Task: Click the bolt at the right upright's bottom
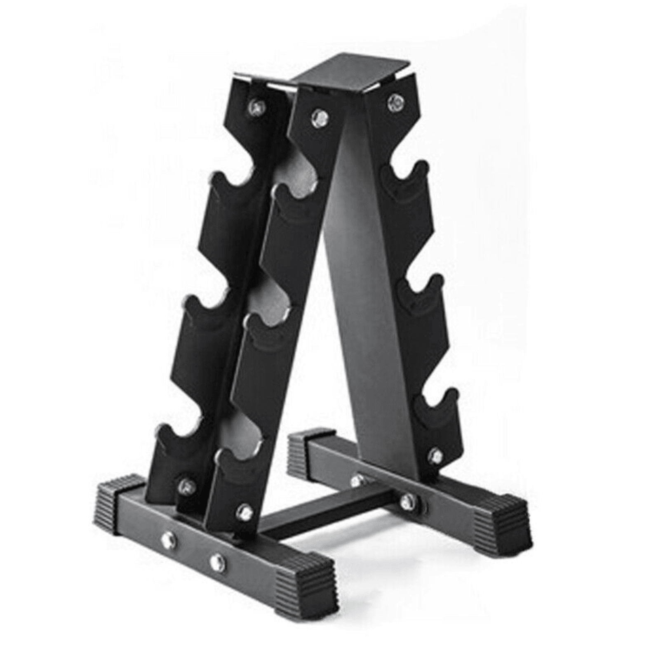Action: (435, 455)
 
